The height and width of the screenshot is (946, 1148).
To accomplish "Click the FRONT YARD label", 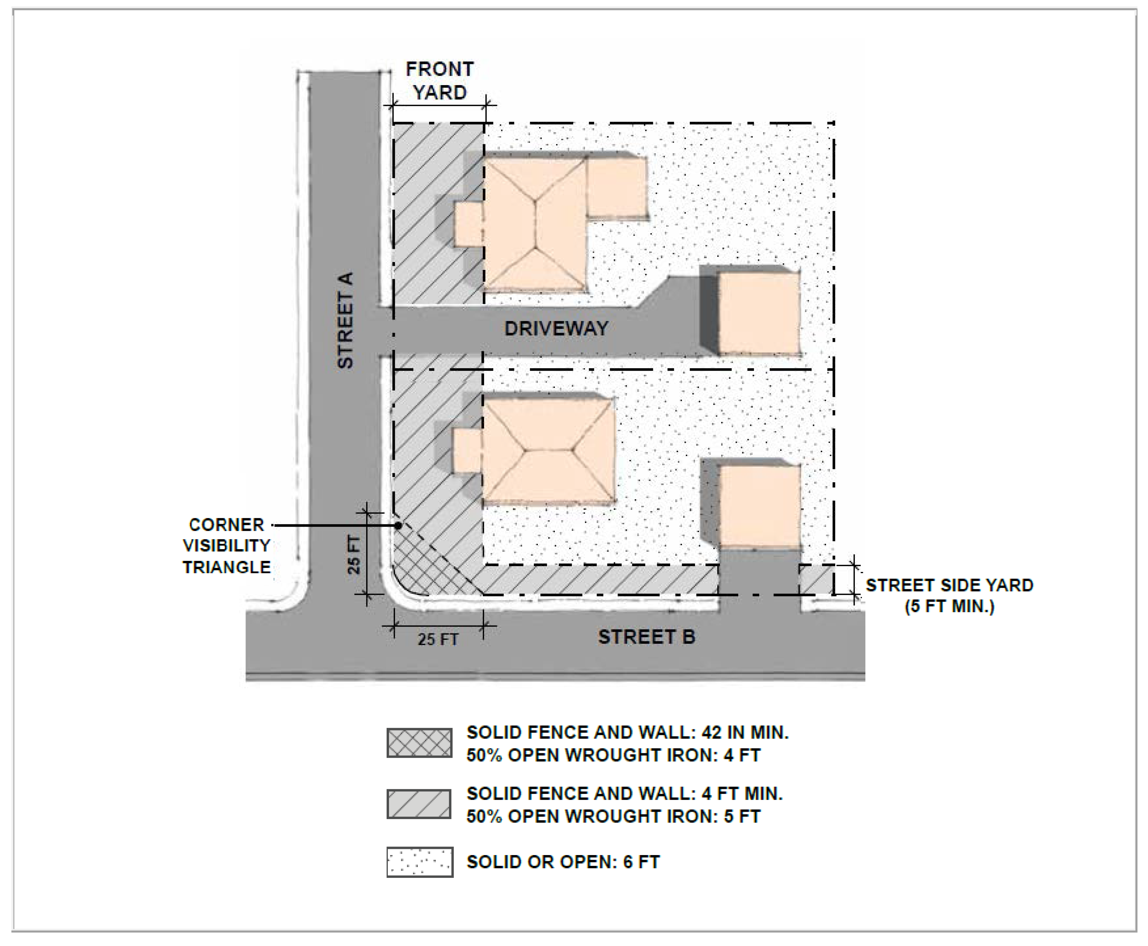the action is click(440, 81).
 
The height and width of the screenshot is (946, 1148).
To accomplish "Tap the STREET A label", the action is click(345, 320).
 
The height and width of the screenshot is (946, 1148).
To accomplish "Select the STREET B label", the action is click(646, 637).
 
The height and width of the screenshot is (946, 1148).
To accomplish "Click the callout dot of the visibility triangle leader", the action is click(399, 525).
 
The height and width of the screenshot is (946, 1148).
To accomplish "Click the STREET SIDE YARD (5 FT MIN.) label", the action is click(949, 596).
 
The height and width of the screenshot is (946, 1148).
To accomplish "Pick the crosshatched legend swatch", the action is click(419, 743).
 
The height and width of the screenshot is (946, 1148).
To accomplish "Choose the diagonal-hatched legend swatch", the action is click(419, 804).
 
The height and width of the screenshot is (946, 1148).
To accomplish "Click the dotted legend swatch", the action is click(419, 861).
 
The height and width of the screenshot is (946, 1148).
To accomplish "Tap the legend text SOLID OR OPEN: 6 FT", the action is click(563, 862).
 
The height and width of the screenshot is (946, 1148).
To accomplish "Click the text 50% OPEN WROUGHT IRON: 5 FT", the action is click(613, 816).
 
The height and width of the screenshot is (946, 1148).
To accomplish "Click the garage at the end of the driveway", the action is click(759, 313).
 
